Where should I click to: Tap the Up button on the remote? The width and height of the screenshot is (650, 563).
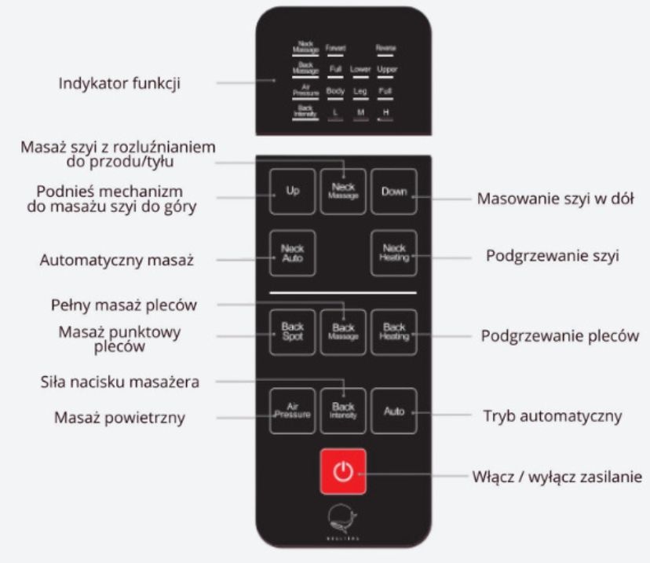(x=292, y=192)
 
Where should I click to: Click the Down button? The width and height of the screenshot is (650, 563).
(x=393, y=192)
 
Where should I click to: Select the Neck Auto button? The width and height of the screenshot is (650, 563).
(x=292, y=253)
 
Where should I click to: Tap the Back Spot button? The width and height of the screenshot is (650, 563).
(x=292, y=332)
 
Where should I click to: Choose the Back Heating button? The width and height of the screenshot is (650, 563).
(x=393, y=332)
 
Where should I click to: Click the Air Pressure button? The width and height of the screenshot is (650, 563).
(x=292, y=411)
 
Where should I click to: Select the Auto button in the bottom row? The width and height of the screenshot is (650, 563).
(x=393, y=411)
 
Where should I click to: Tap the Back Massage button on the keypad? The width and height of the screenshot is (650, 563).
(x=343, y=332)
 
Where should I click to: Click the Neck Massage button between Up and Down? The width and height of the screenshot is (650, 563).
(x=343, y=192)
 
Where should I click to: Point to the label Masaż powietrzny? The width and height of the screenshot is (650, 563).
(x=119, y=417)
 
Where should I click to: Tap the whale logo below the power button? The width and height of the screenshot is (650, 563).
(x=343, y=518)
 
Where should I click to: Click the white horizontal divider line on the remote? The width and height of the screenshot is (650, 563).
(x=343, y=293)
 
